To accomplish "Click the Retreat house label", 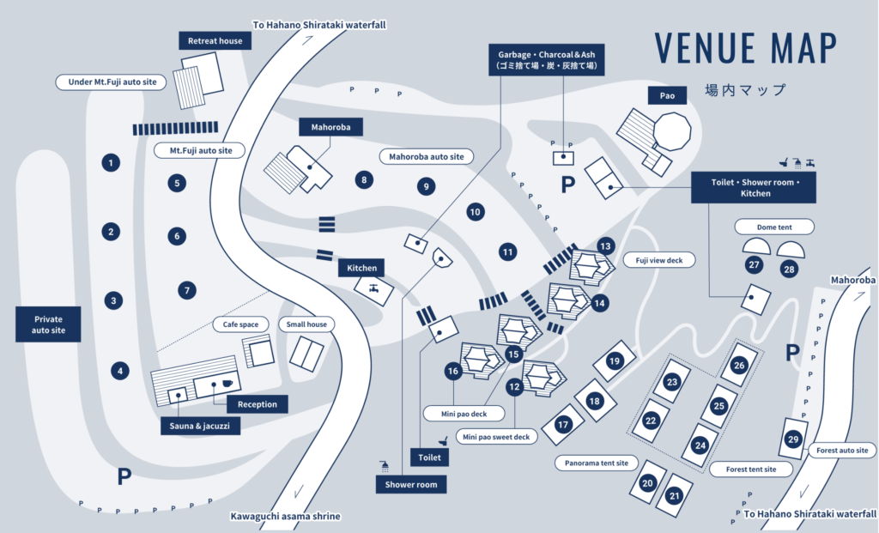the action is click(215, 41).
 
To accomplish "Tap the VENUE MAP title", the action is click(745, 48).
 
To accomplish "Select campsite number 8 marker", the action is click(364, 180).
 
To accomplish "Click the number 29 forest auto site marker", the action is click(792, 439).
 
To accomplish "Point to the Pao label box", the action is click(667, 95).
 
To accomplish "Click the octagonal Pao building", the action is click(672, 131).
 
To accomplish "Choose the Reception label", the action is click(258, 404).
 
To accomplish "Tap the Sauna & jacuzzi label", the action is click(200, 426).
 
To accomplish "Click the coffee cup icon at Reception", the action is click(227, 384).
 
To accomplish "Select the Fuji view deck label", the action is click(659, 260).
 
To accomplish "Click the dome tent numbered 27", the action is click(756, 246).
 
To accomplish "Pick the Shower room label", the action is click(411, 484).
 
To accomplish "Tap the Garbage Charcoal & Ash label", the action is click(547, 60).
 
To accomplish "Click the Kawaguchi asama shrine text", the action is click(285, 516).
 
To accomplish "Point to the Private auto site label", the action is click(48, 324).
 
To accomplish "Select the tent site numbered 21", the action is click(675, 495).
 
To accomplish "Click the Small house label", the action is click(306, 324).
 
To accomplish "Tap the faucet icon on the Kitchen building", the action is click(373, 288).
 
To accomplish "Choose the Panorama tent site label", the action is click(597, 463).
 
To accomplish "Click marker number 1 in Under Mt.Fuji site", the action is click(111, 162).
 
